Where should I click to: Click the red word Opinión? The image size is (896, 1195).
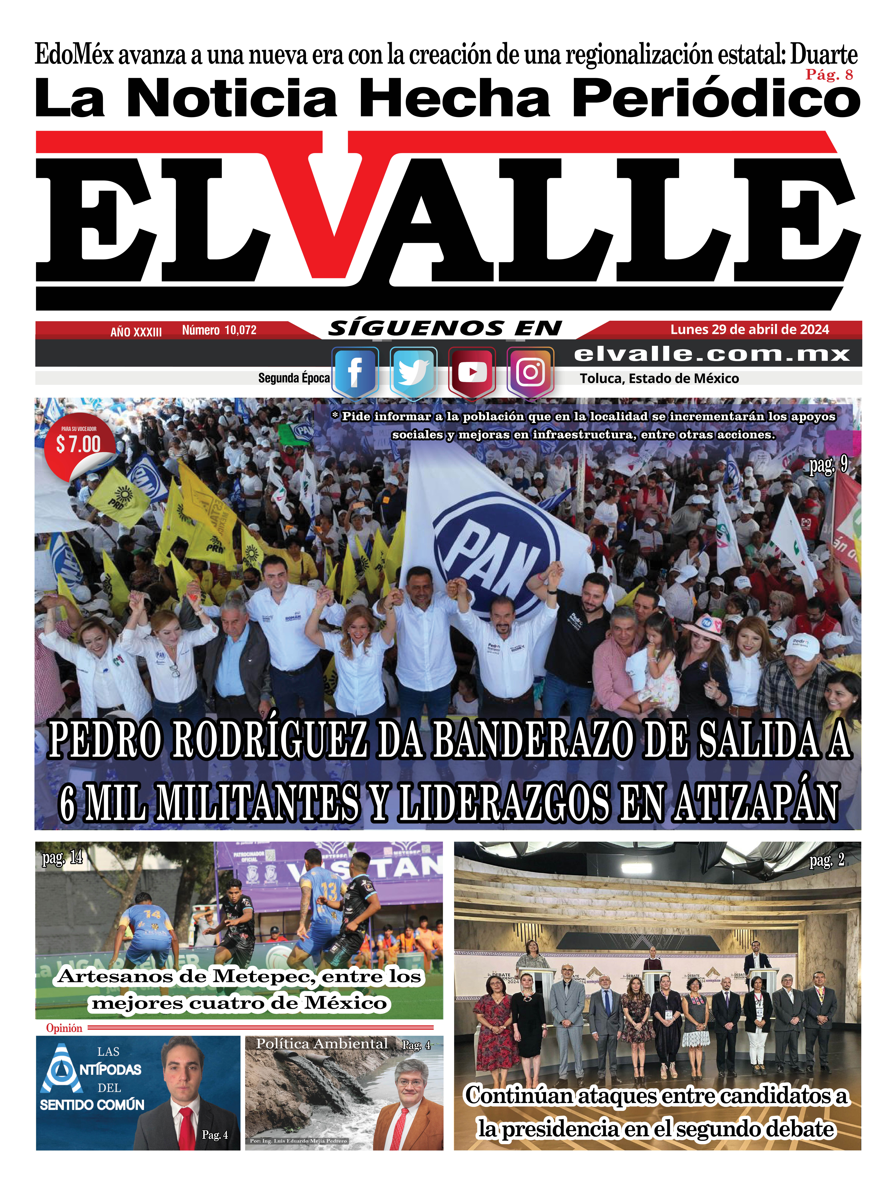click(64, 1028)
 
